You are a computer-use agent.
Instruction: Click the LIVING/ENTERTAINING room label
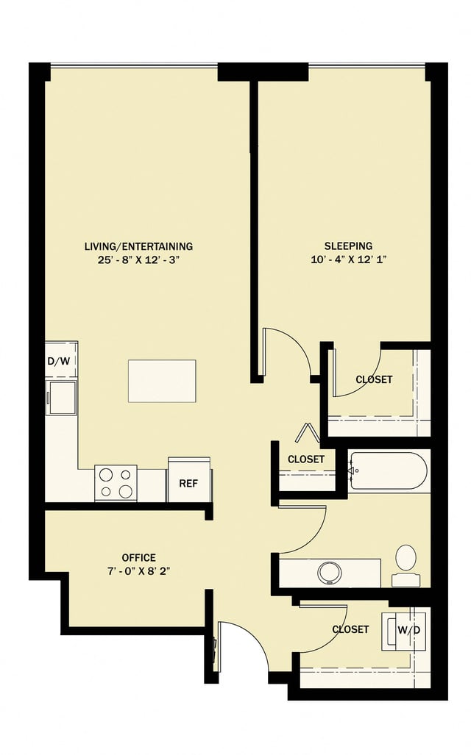point(138,246)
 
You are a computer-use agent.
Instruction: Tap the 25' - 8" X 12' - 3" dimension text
point(138,260)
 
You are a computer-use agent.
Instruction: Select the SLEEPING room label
point(348,246)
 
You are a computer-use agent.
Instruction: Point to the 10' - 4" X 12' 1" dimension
point(348,260)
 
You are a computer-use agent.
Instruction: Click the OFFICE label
point(138,558)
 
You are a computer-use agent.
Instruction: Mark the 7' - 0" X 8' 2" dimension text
point(138,570)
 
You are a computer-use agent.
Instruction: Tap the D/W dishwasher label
point(60,361)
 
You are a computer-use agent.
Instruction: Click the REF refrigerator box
point(188,484)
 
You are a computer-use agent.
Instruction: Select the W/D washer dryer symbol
point(405,630)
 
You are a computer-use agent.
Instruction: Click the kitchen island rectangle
point(162,381)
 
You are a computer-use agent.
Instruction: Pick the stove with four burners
point(116,484)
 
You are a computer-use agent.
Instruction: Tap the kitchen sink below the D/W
point(62,398)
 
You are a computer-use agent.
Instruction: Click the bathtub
point(388,470)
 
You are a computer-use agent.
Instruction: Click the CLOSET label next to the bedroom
point(373,380)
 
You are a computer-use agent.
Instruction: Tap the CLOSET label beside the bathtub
point(306,459)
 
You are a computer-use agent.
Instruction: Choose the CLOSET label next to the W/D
point(350,630)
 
